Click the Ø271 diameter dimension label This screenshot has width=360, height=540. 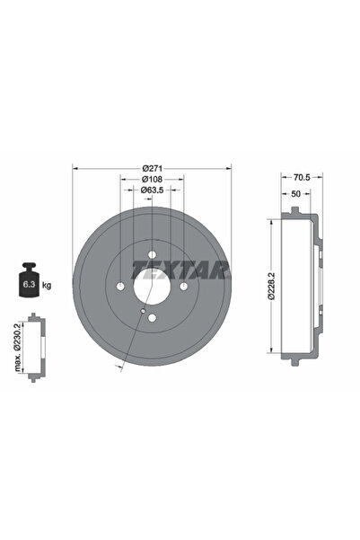click(x=152, y=168)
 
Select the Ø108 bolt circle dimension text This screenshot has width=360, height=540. click(x=152, y=179)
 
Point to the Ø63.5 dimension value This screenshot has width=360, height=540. click(x=152, y=190)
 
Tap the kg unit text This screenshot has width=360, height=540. click(x=46, y=285)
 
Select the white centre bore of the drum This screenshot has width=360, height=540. click(x=152, y=286)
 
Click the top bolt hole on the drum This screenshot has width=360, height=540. click(x=152, y=253)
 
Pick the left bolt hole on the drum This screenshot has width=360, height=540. click(x=120, y=286)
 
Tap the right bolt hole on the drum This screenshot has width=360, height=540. click(x=183, y=286)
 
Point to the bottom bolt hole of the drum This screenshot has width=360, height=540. click(x=152, y=318)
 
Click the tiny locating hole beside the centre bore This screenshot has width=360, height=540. click(x=142, y=312)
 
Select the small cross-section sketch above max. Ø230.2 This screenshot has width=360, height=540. click(x=35, y=347)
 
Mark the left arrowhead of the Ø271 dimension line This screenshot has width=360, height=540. click(x=75, y=168)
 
